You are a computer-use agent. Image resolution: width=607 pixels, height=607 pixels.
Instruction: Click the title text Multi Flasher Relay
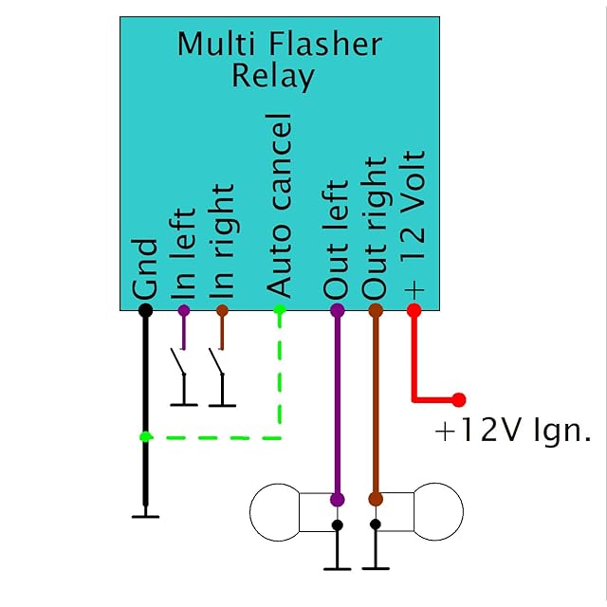(x=279, y=59)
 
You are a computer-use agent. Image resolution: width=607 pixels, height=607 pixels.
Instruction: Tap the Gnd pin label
(x=145, y=270)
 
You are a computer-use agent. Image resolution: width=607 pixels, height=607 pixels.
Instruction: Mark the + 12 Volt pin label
(x=414, y=223)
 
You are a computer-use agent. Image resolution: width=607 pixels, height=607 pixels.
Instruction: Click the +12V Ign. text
(x=512, y=432)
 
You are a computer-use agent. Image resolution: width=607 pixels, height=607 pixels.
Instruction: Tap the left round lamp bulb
(x=274, y=512)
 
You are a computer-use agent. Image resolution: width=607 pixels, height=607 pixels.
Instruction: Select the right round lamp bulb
(x=437, y=512)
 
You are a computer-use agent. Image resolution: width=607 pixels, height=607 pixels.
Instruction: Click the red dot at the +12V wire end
(x=459, y=399)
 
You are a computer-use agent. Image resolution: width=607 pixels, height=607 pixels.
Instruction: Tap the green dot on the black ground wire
(x=145, y=436)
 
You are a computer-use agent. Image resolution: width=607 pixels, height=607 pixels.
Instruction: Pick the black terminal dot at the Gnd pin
(x=145, y=310)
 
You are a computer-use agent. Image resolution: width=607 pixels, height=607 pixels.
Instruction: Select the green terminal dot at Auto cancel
(x=280, y=310)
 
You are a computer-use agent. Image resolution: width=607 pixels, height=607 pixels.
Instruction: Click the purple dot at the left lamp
(x=337, y=499)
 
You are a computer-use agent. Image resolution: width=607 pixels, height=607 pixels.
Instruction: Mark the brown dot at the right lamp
(x=376, y=499)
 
